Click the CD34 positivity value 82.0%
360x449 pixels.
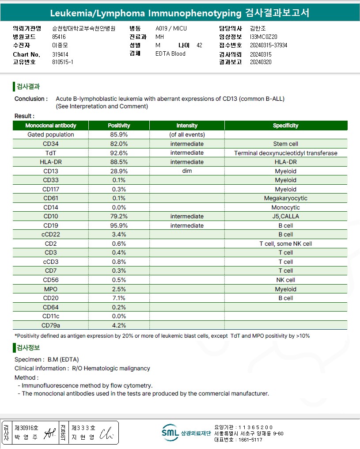click(x=119, y=144)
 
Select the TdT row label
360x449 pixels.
click(x=50, y=153)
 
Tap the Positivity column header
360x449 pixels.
click(x=119, y=126)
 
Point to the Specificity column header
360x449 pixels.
click(x=285, y=126)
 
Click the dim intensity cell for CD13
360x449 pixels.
click(x=187, y=171)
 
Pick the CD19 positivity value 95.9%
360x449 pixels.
click(x=119, y=225)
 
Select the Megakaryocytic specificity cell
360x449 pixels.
click(x=285, y=198)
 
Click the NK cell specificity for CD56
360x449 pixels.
click(x=285, y=280)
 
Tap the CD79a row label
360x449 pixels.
click(x=50, y=325)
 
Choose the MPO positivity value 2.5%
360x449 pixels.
click(x=119, y=289)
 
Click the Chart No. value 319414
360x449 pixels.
click(x=60, y=54)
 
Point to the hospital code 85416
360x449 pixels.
click(x=59, y=37)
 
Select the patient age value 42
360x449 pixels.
click(x=199, y=45)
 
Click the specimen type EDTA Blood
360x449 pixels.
click(x=171, y=54)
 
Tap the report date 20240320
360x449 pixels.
click(x=261, y=62)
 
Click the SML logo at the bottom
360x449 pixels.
click(x=170, y=433)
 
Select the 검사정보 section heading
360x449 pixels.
click(x=28, y=347)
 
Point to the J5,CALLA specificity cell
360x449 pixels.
click(x=285, y=217)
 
